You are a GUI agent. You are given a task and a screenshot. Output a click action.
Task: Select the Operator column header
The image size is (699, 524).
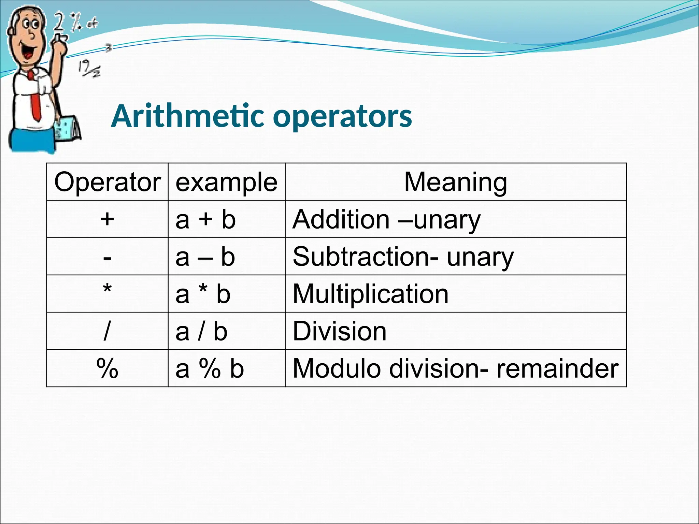tap(107, 182)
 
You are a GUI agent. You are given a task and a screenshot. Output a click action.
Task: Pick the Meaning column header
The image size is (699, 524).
tap(455, 182)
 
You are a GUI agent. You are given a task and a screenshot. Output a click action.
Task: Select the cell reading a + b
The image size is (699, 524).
tap(205, 219)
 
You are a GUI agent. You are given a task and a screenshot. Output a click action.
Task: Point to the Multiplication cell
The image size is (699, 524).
tap(370, 294)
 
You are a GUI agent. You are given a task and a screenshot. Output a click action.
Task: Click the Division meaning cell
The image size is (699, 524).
tap(339, 331)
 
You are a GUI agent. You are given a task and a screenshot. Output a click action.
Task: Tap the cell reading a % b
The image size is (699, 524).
tap(210, 368)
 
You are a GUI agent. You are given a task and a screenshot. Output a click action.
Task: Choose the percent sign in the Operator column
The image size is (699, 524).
tap(107, 368)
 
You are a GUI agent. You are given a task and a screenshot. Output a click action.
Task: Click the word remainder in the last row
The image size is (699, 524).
tap(557, 368)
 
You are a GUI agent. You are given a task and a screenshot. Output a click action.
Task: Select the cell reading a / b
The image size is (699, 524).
tap(201, 331)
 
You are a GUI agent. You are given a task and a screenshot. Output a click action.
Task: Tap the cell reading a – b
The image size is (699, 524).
tap(205, 257)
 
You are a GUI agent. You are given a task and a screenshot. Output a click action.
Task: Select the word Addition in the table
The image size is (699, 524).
tap(341, 219)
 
